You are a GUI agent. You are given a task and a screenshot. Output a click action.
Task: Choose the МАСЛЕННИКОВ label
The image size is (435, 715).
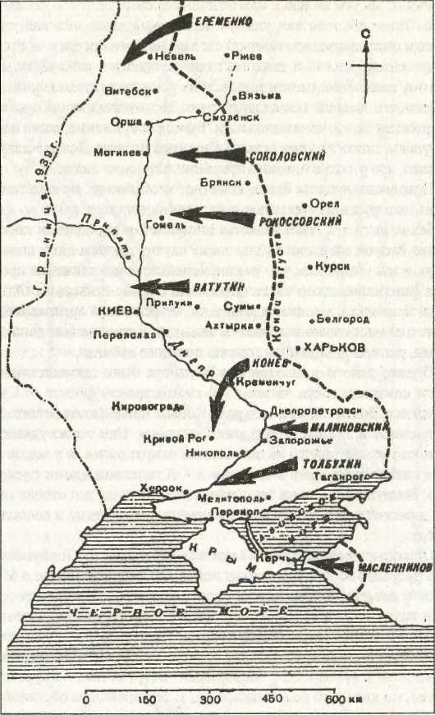pyautogui.click(x=391, y=566)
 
